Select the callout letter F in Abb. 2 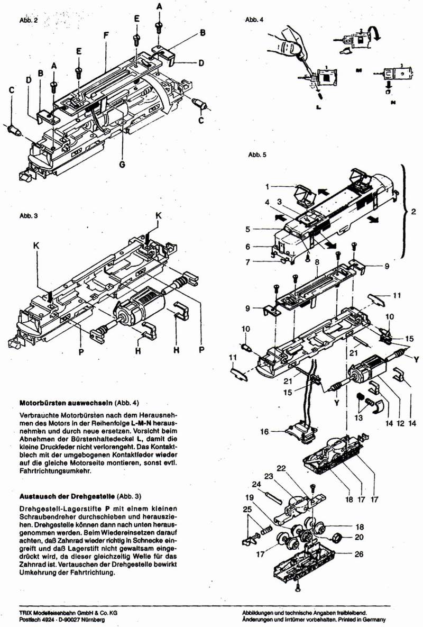[106, 35]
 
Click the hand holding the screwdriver [286, 44]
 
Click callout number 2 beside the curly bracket [413, 212]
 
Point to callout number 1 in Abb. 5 [268, 187]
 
